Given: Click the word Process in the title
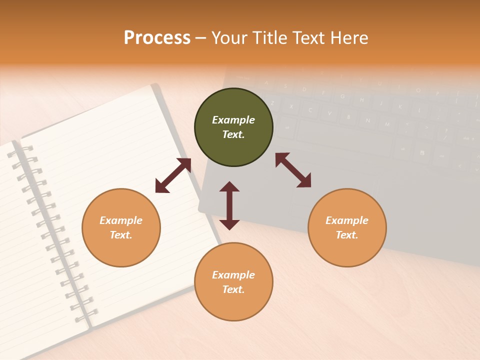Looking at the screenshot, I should point(157,38).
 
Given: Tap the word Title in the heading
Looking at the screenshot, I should point(269,38).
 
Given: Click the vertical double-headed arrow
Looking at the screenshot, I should point(229,205).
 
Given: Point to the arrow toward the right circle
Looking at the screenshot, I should point(293,170).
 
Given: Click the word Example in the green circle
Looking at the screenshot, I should point(233,120).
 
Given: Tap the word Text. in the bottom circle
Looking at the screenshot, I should point(233,289).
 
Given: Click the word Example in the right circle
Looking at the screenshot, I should point(347,220).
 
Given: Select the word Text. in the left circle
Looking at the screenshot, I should point(121,235).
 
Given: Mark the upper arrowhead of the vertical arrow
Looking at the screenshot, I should point(229,186).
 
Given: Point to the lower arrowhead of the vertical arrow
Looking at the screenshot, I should point(229,224).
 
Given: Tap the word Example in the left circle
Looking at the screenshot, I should point(121,220).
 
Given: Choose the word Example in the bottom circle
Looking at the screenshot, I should point(233,275).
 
